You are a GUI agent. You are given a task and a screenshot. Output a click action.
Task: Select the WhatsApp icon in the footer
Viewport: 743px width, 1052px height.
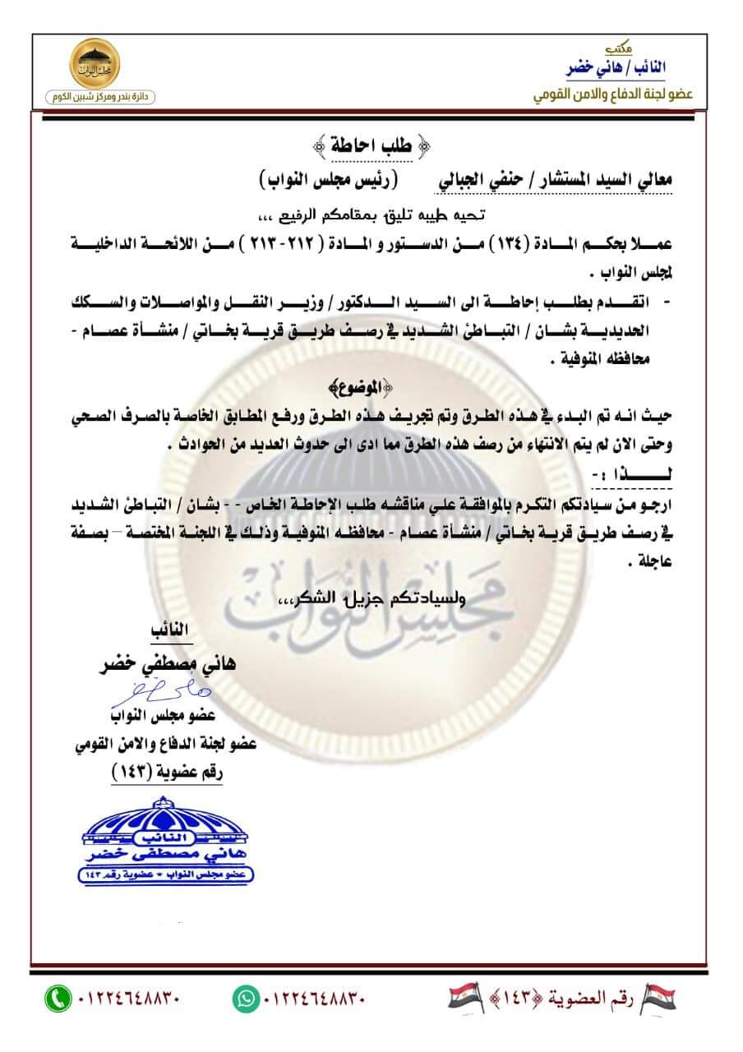[245, 999]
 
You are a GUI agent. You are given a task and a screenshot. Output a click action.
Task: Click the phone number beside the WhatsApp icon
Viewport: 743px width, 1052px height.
[314, 999]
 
